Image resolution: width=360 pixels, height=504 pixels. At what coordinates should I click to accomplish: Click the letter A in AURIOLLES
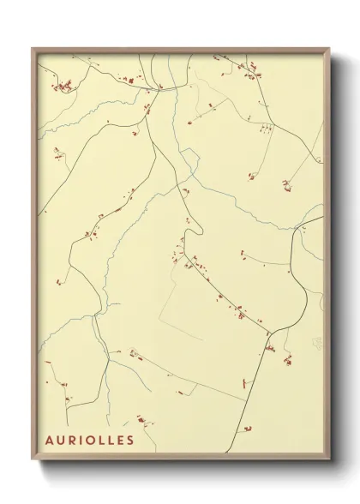click(49, 441)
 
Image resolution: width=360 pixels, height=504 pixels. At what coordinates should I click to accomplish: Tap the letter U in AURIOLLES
click(60, 441)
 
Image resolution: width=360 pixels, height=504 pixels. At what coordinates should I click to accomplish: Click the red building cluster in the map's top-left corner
click(62, 86)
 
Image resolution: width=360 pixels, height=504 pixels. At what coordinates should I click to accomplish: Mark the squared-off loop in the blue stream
click(189, 156)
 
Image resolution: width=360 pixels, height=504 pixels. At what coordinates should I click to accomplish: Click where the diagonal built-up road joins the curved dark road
click(267, 332)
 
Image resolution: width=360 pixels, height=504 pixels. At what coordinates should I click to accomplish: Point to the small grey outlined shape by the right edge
click(318, 343)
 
